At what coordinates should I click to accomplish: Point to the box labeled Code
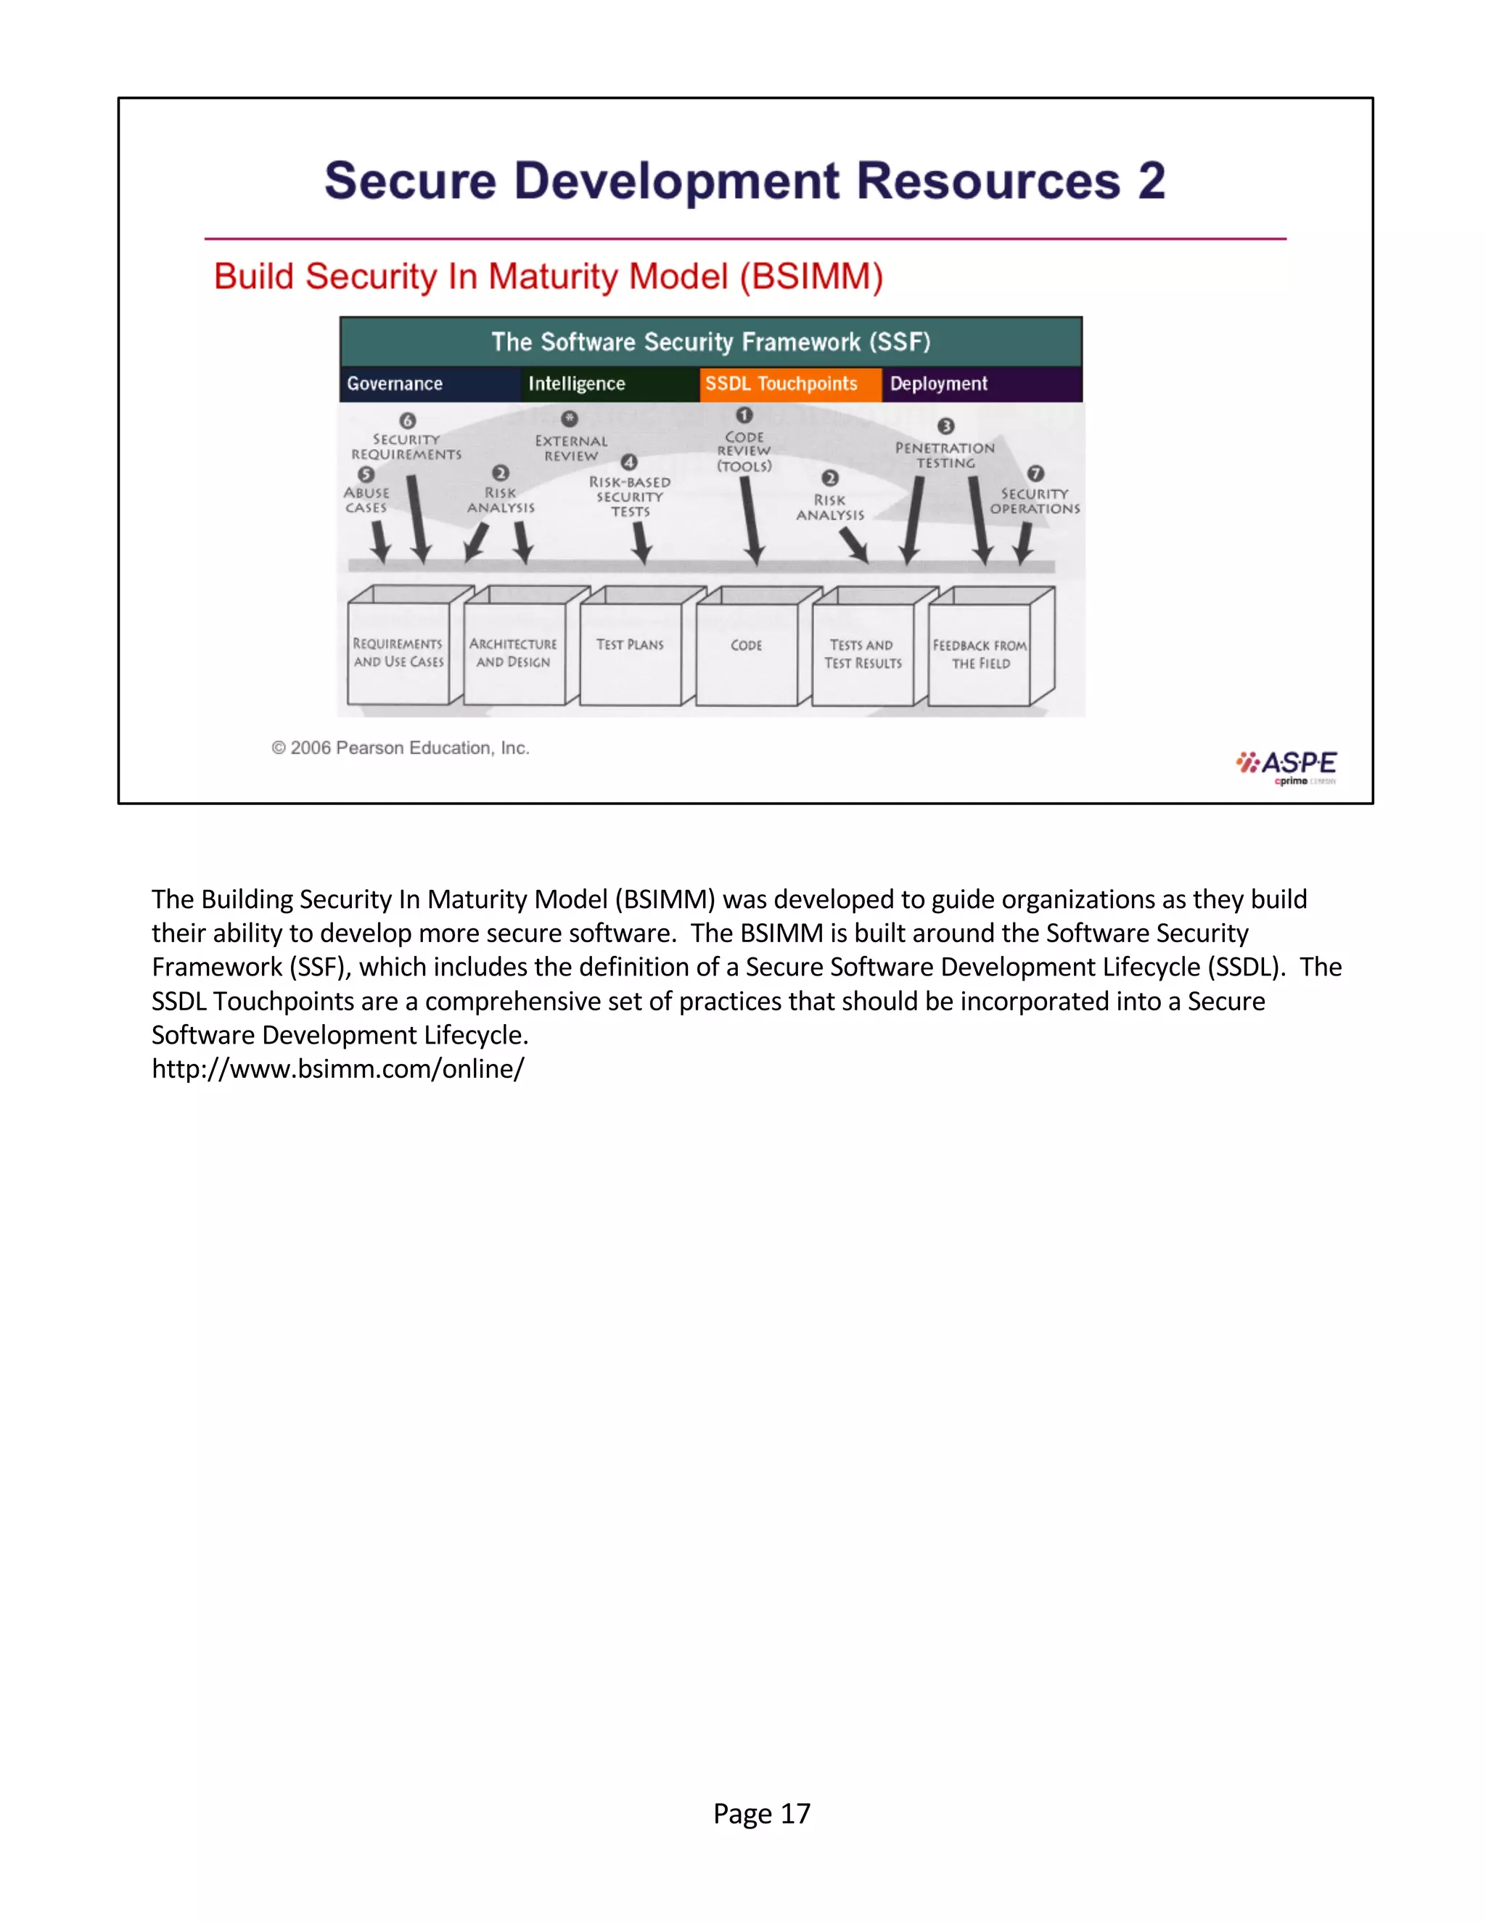coord(747,653)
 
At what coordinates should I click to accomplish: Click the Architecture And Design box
coord(513,653)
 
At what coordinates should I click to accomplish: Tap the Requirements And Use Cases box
coord(398,653)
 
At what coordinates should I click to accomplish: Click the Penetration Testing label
coord(945,455)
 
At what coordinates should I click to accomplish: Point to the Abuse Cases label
coord(366,500)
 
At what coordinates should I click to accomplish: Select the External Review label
coord(571,448)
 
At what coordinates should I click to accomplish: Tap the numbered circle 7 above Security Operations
coord(1036,474)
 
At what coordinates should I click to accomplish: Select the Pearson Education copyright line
coord(401,748)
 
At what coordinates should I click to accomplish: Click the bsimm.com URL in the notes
coord(338,1068)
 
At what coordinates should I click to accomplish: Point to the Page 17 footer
coord(761,1813)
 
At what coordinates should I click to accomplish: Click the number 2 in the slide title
coord(1151,181)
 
